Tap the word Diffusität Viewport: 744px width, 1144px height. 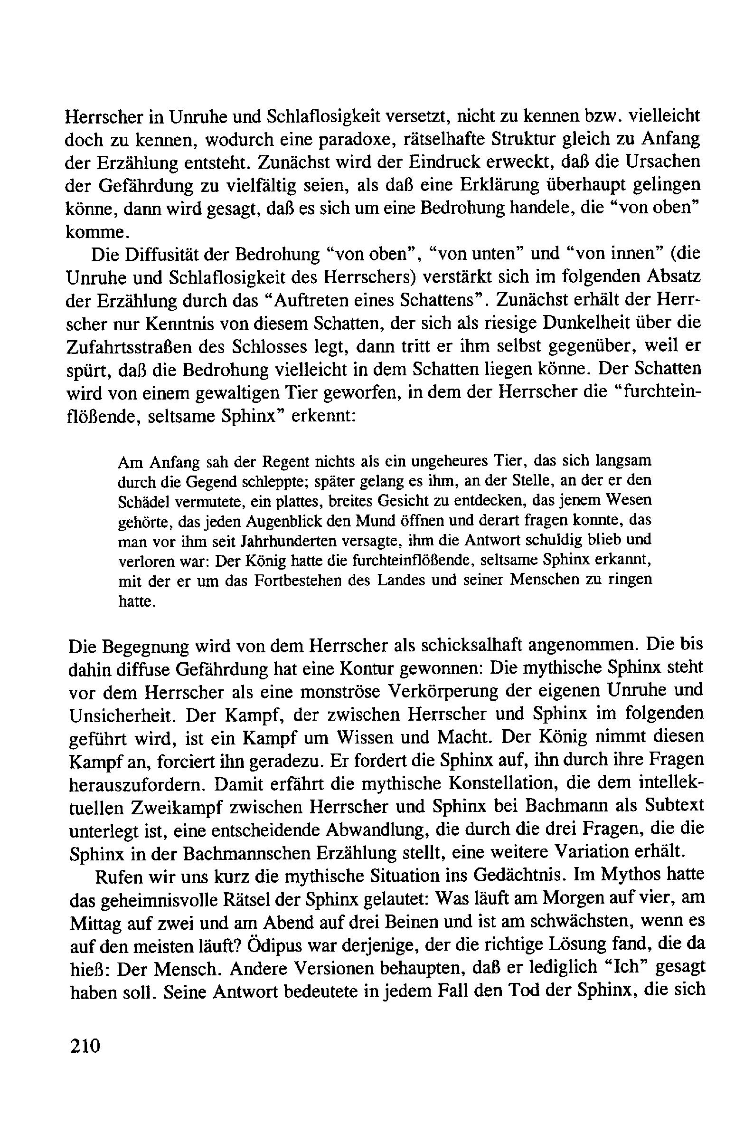[163, 254]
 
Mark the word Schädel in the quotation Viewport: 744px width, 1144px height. [142, 502]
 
